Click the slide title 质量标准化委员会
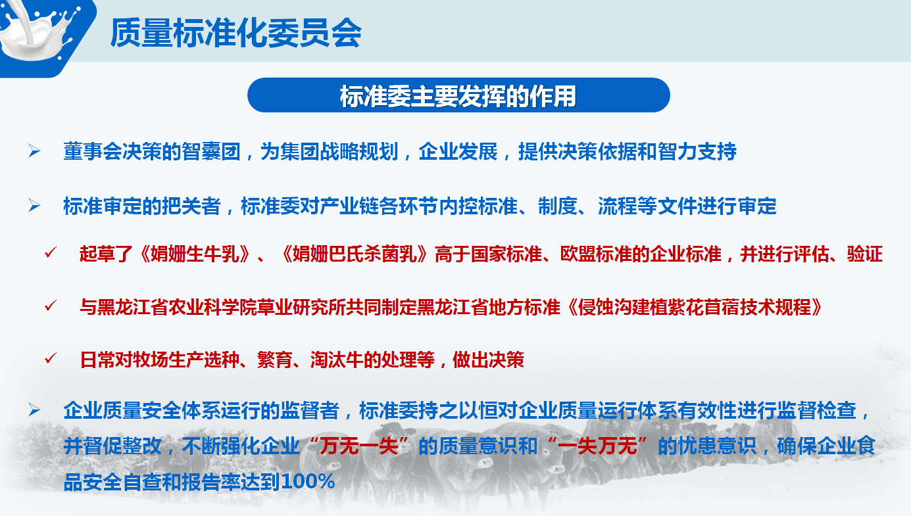(235, 33)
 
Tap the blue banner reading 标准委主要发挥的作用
(458, 95)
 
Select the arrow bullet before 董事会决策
(34, 151)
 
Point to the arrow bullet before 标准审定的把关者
(34, 206)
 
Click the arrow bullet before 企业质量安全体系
(34, 410)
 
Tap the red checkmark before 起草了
(51, 252)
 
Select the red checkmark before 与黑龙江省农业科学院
(51, 306)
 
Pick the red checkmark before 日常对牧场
(51, 358)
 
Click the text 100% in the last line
(307, 481)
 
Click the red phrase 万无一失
(358, 446)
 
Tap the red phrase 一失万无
(597, 446)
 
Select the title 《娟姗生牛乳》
(195, 254)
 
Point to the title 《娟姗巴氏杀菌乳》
(355, 254)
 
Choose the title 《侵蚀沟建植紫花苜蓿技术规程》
(695, 307)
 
